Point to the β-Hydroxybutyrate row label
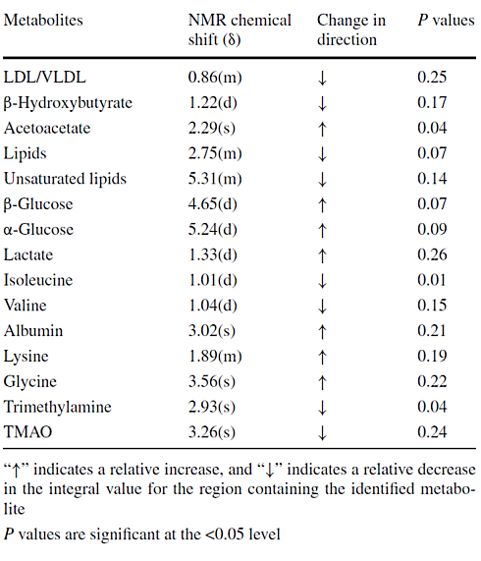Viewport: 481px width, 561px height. tap(68, 102)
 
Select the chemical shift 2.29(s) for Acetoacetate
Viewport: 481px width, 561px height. tap(216, 128)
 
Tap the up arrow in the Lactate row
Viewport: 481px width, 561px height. tap(322, 254)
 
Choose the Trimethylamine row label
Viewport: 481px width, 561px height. tap(57, 406)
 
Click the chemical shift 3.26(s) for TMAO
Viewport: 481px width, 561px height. tap(216, 431)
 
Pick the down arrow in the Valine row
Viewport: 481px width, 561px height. tap(322, 305)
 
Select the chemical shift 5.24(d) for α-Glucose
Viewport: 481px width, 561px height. tap(217, 229)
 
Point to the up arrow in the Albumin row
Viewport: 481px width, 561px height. tap(322, 330)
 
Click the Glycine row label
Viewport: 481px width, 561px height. tap(30, 381)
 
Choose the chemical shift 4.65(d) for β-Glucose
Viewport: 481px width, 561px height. tap(217, 203)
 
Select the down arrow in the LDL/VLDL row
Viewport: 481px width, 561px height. tap(322, 78)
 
